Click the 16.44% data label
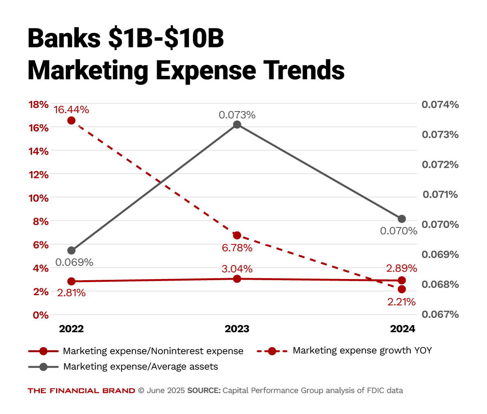pos(71,110)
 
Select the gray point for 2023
pos(237,124)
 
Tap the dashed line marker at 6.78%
pos(237,236)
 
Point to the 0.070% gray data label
pos(399,231)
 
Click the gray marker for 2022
pos(71,251)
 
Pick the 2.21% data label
pos(401,302)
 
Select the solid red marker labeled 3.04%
pos(237,279)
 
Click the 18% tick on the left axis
pos(39,105)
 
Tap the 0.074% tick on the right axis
pos(440,105)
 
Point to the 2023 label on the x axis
pos(237,329)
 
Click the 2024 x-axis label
pos(403,329)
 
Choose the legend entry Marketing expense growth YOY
pos(362,351)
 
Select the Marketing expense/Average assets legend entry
pos(140,367)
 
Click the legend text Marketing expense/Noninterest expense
pos(153,351)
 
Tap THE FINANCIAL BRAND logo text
pos(81,391)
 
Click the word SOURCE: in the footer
pos(204,391)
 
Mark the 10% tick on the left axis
pos(39,198)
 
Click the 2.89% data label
pos(401,268)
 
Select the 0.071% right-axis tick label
pos(440,195)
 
